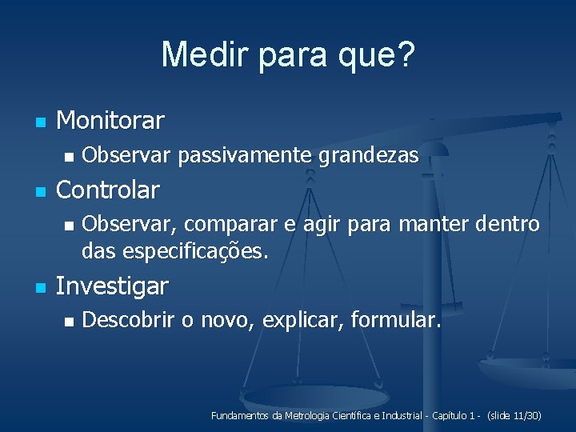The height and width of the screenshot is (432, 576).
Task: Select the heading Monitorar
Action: [x=110, y=121]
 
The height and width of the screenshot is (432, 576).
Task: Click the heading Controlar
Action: [x=108, y=190]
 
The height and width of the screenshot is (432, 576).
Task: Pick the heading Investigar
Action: [x=113, y=286]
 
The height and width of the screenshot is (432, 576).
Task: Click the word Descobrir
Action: [x=129, y=321]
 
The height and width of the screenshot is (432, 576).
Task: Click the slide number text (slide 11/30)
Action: [x=514, y=416]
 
